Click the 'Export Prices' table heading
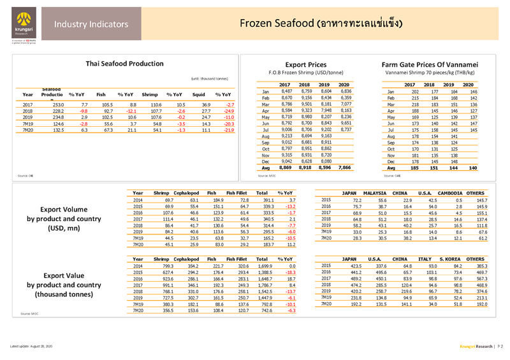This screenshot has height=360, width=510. [x=302, y=64]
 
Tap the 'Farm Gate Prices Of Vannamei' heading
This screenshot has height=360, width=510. [x=424, y=64]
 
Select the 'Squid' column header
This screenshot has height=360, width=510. [x=198, y=94]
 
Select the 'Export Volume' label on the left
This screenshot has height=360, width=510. [x=64, y=209]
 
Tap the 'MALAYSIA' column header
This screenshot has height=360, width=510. [x=375, y=192]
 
